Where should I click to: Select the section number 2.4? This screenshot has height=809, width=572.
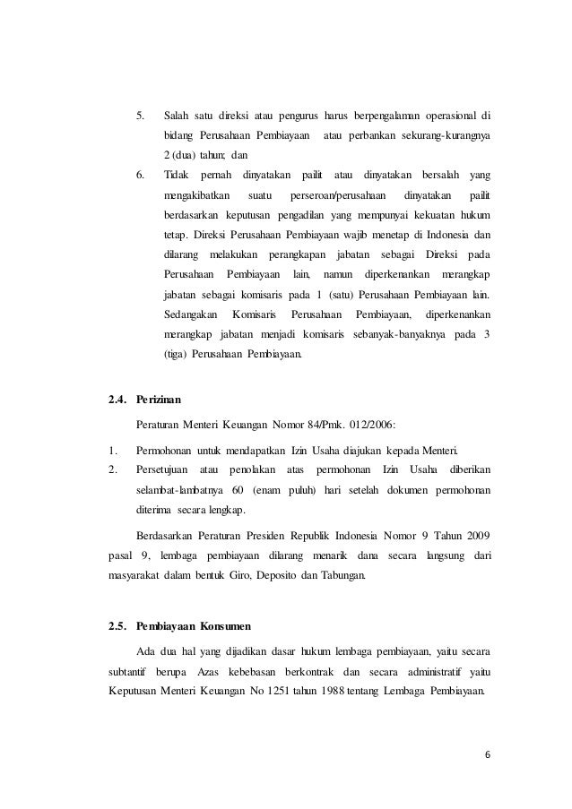tap(118, 399)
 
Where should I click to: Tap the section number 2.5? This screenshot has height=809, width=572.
tap(118, 624)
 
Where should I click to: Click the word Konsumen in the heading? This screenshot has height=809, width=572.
tap(230, 624)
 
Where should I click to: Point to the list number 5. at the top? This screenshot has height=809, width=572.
tap(139, 116)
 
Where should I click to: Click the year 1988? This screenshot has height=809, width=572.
tap(328, 691)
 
